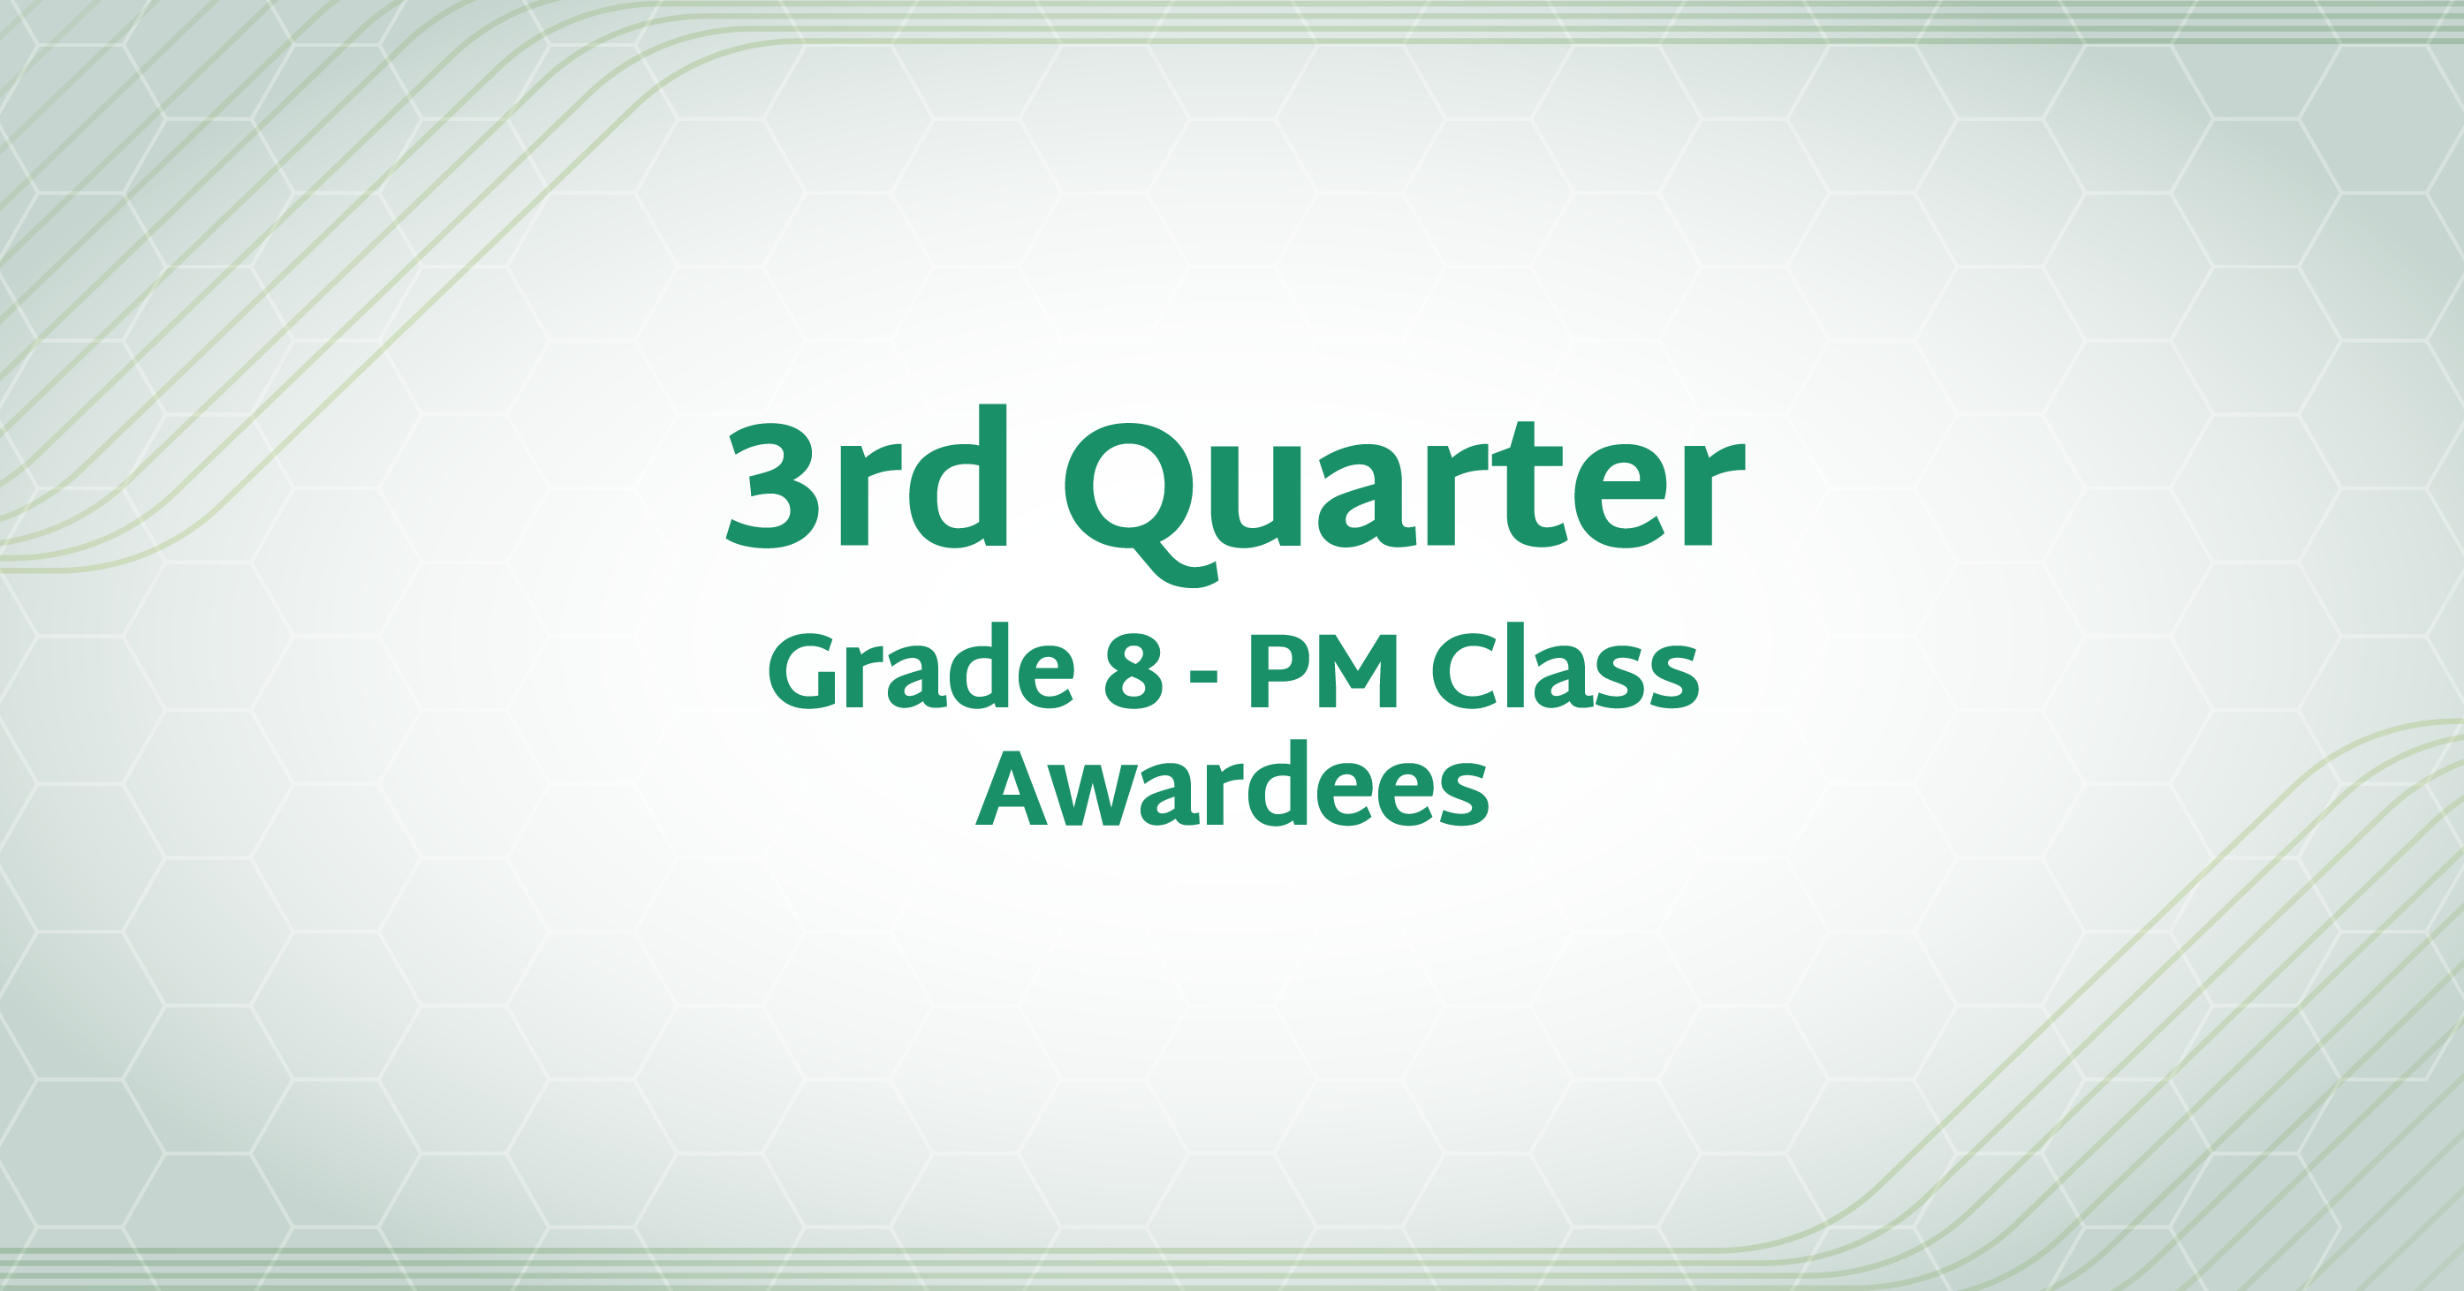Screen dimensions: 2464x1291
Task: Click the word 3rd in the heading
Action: (x=868, y=476)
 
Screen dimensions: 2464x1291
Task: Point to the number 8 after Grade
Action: (x=1133, y=670)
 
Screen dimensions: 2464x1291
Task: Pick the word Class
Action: (x=1565, y=667)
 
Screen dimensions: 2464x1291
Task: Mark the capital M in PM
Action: (x=1355, y=670)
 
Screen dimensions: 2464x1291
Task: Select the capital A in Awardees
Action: (x=1015, y=787)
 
